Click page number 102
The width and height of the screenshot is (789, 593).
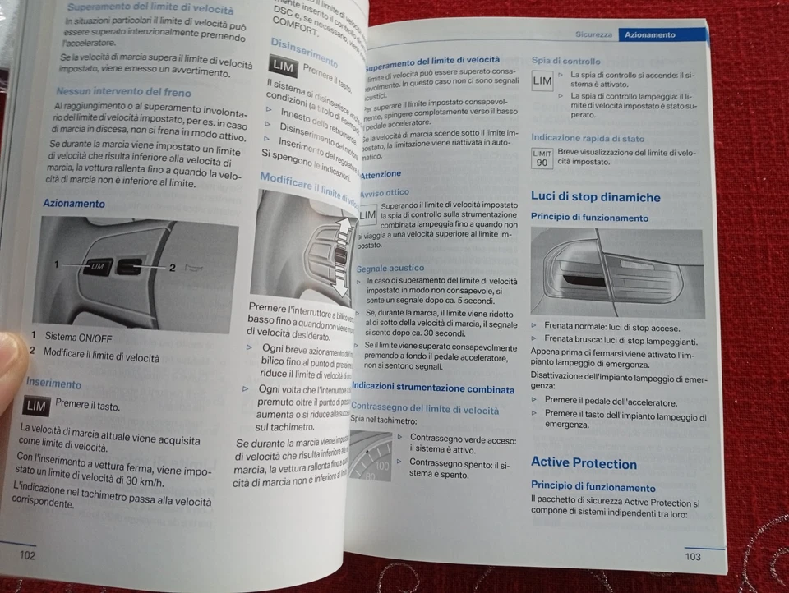pos(27,555)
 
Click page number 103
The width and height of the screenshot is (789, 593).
pos(692,557)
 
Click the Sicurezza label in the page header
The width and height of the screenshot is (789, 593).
pos(593,35)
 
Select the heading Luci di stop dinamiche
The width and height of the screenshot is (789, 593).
pos(595,197)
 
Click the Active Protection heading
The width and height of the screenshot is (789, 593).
pos(584,463)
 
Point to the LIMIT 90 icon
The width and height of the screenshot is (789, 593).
pos(542,158)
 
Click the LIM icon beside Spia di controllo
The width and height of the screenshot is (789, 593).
pos(542,81)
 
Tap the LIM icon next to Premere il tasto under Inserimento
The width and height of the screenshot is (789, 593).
pos(36,406)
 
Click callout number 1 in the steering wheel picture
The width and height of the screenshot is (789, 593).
pos(58,264)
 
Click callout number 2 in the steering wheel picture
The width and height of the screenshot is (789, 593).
pos(173,267)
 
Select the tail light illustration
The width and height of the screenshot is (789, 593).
pos(616,273)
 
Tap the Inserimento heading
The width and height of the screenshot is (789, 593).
pos(53,383)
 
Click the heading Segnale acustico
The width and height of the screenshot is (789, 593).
pos(390,268)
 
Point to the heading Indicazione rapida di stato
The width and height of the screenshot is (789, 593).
pos(587,139)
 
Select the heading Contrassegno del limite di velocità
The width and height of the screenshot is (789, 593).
pos(425,409)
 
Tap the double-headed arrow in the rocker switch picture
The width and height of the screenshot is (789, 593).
pos(343,255)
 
